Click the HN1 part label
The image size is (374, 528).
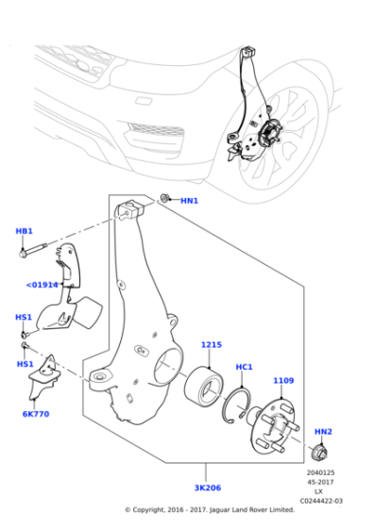tap(190, 201)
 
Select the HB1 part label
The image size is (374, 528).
tap(24, 231)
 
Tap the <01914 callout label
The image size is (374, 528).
tap(42, 284)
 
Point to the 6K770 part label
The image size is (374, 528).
tap(36, 413)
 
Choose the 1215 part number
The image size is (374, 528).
tap(210, 345)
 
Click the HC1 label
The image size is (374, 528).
tap(244, 367)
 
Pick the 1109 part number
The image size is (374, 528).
tap(283, 380)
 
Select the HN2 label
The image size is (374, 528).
tap(323, 432)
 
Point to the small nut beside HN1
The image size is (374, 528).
tap(165, 199)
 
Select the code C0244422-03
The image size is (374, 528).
tap(321, 501)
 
